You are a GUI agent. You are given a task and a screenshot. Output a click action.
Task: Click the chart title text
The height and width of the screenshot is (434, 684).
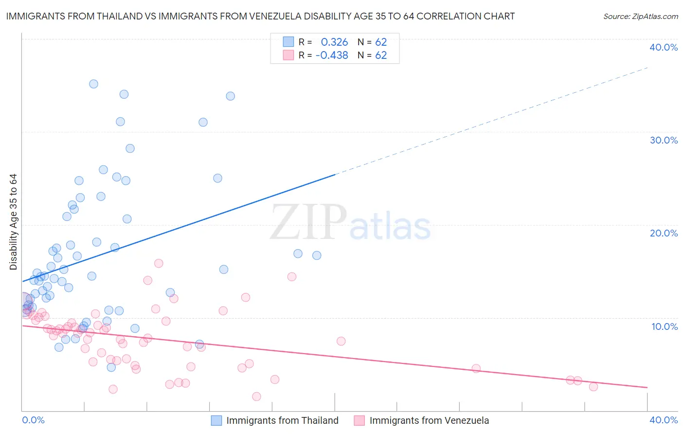click(x=260, y=16)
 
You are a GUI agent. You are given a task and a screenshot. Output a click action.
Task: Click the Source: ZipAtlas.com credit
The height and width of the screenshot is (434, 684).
click(x=640, y=16)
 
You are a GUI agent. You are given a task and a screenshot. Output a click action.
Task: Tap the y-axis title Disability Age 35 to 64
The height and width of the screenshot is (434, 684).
click(x=13, y=222)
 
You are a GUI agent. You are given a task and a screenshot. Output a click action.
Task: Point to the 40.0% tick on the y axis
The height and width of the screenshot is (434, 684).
click(x=664, y=47)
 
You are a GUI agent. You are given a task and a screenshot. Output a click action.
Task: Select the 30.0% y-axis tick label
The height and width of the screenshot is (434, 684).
click(x=664, y=140)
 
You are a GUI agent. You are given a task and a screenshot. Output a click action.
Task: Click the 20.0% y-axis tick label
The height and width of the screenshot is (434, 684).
click(x=664, y=233)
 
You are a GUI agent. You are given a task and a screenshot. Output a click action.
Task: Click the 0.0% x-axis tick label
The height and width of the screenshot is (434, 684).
click(x=34, y=420)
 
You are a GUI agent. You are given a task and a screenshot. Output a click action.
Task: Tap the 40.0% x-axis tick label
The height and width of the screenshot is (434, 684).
click(x=664, y=420)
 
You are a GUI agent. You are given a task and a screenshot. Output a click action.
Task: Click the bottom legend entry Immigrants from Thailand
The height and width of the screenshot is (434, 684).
click(x=282, y=420)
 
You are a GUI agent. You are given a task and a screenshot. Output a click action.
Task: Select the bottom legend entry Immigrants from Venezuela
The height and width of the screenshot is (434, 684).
click(x=429, y=420)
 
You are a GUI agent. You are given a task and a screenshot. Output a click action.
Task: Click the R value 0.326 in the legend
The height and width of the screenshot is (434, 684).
click(x=334, y=42)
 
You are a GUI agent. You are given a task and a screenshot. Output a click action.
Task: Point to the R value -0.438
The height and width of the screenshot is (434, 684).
click(x=332, y=55)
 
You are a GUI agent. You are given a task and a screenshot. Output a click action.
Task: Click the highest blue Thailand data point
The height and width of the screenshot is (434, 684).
click(x=93, y=84)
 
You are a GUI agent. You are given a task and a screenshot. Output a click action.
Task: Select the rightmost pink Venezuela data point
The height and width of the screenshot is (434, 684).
click(x=593, y=387)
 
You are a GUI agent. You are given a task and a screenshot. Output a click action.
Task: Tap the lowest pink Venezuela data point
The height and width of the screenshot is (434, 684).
click(x=256, y=397)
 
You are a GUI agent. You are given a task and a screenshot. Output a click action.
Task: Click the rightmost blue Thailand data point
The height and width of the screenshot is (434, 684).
click(x=317, y=255)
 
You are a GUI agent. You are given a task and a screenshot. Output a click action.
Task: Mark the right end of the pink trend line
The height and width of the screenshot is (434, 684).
click(x=647, y=387)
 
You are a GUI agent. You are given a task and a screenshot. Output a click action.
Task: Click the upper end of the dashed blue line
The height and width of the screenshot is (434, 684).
click(x=648, y=68)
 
